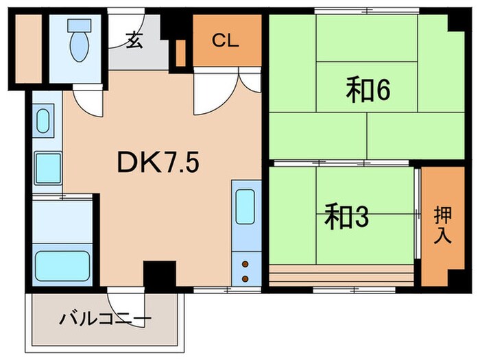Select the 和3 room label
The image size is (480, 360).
(347, 218)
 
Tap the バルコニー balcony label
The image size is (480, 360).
(105, 319)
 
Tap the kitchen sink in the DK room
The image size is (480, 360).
(245, 204)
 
